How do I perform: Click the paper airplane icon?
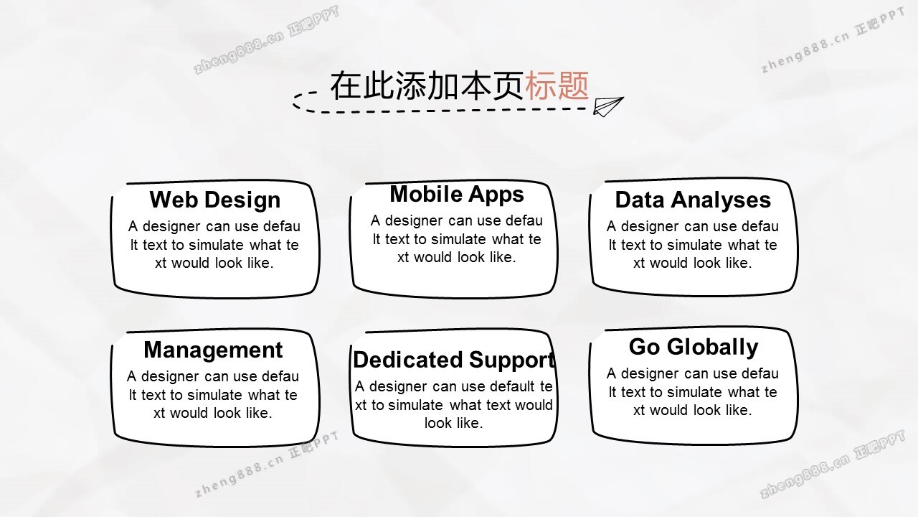tap(607, 107)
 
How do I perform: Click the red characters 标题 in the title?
tap(557, 85)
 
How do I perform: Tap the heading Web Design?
tap(215, 200)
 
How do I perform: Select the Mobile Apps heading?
tap(457, 194)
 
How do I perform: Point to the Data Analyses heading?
tap(693, 200)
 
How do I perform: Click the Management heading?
tap(213, 350)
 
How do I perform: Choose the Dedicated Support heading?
tap(454, 360)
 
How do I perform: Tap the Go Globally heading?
tap(694, 347)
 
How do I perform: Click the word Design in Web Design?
tap(242, 200)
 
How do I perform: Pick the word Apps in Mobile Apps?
tap(496, 195)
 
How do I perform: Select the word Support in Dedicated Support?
tap(512, 360)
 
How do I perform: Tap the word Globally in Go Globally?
tap(713, 348)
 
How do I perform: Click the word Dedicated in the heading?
tap(408, 360)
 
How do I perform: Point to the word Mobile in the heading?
tap(426, 194)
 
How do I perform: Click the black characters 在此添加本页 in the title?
tap(427, 85)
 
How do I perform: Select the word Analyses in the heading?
tap(721, 200)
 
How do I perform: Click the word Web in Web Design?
tap(174, 200)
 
